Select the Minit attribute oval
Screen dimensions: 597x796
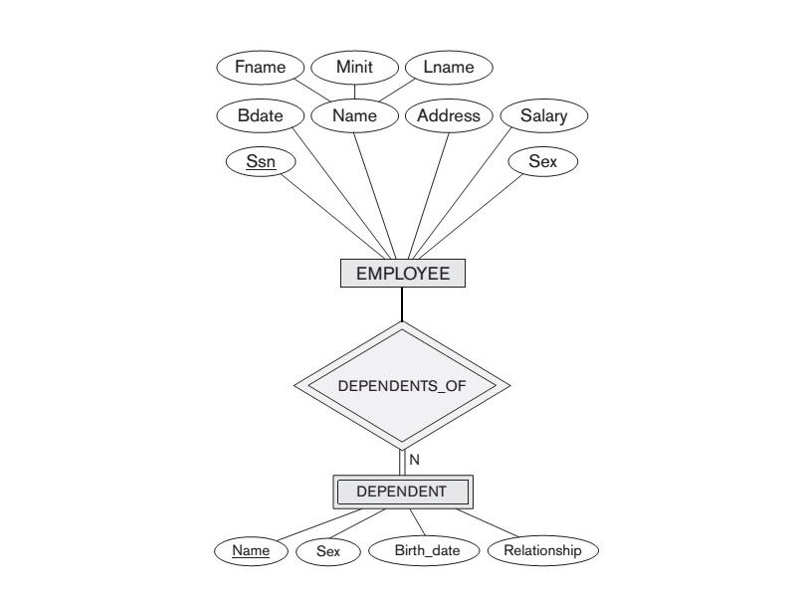click(x=354, y=68)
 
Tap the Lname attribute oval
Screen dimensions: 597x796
click(x=449, y=68)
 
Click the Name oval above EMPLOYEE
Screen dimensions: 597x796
click(x=354, y=115)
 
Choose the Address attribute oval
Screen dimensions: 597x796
click(x=448, y=115)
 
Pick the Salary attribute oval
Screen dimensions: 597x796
click(x=544, y=115)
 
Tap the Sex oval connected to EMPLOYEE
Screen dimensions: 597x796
click(x=542, y=161)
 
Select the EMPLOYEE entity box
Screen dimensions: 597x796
click(x=402, y=274)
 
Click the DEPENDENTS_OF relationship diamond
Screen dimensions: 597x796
click(x=402, y=385)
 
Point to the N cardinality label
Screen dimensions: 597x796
click(x=414, y=460)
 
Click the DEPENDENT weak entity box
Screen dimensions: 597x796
click(x=402, y=491)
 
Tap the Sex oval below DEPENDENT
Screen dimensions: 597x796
click(x=327, y=550)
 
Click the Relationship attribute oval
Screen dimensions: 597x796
click(x=541, y=549)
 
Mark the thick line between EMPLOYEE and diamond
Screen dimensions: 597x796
click(x=402, y=304)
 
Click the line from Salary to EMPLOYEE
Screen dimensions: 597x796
click(x=469, y=195)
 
